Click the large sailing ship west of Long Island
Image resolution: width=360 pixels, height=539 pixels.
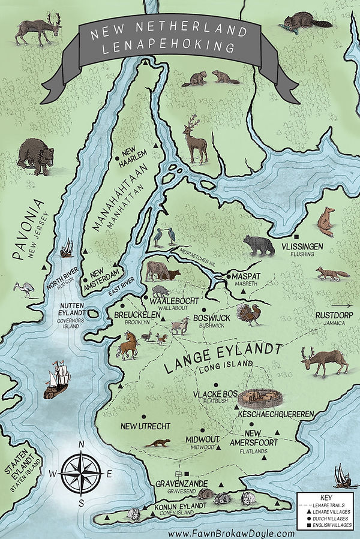59,379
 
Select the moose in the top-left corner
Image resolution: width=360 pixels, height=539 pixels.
35,30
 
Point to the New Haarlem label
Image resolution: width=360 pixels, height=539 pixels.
134,157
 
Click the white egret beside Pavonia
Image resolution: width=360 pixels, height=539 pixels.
28,289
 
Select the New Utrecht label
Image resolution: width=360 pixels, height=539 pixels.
145,426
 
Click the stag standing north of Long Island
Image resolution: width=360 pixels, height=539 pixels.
196,141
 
